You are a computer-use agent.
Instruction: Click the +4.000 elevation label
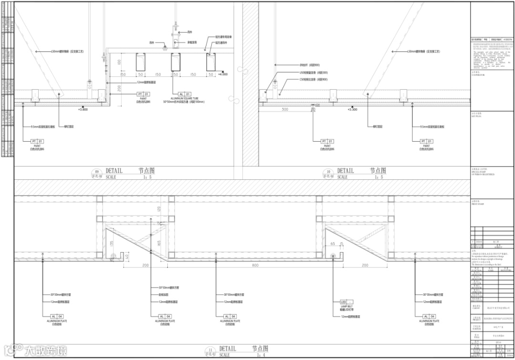tap(223, 74)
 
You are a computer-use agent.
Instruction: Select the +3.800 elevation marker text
tap(83, 109)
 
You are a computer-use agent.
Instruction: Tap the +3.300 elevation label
tap(352, 109)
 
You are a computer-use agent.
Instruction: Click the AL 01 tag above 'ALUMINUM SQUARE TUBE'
tap(184, 94)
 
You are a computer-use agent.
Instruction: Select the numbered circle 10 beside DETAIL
tap(329, 172)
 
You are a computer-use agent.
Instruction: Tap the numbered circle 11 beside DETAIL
tap(209, 350)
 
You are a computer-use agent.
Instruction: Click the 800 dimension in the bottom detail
tap(256, 265)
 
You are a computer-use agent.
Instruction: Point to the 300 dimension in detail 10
tap(285, 109)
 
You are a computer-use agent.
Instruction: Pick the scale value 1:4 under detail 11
tap(260, 355)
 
